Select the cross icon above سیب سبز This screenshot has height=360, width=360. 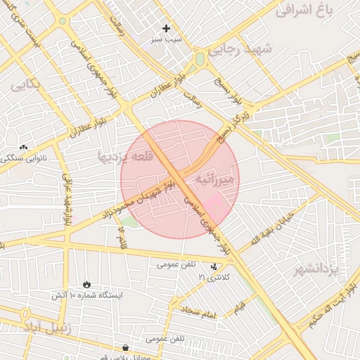coord(166,29)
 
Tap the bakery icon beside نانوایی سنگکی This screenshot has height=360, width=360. coord(25,148)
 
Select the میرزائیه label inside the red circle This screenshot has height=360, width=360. coord(219,177)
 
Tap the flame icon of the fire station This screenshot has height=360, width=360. coord(86,284)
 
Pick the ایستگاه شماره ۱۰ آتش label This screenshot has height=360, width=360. coord(86,295)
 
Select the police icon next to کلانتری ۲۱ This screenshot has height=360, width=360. coord(214,266)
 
